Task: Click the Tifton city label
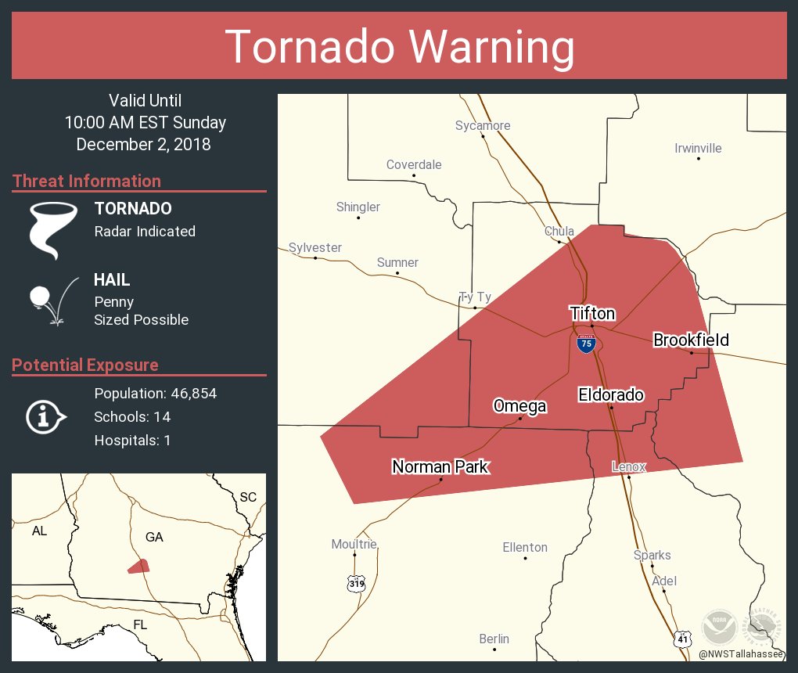[591, 314]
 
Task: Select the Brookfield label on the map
[691, 340]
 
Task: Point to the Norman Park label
[440, 467]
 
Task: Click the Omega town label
[519, 405]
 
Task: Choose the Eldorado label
[611, 395]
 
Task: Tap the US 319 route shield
[356, 583]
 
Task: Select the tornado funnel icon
[53, 230]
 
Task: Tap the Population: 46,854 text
[155, 393]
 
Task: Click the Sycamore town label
[483, 125]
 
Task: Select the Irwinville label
[698, 148]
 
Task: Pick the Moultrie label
[354, 544]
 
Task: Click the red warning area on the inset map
[138, 566]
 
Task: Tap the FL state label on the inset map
[140, 624]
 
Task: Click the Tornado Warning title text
[399, 47]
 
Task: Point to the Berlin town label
[494, 639]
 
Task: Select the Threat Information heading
[87, 181]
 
